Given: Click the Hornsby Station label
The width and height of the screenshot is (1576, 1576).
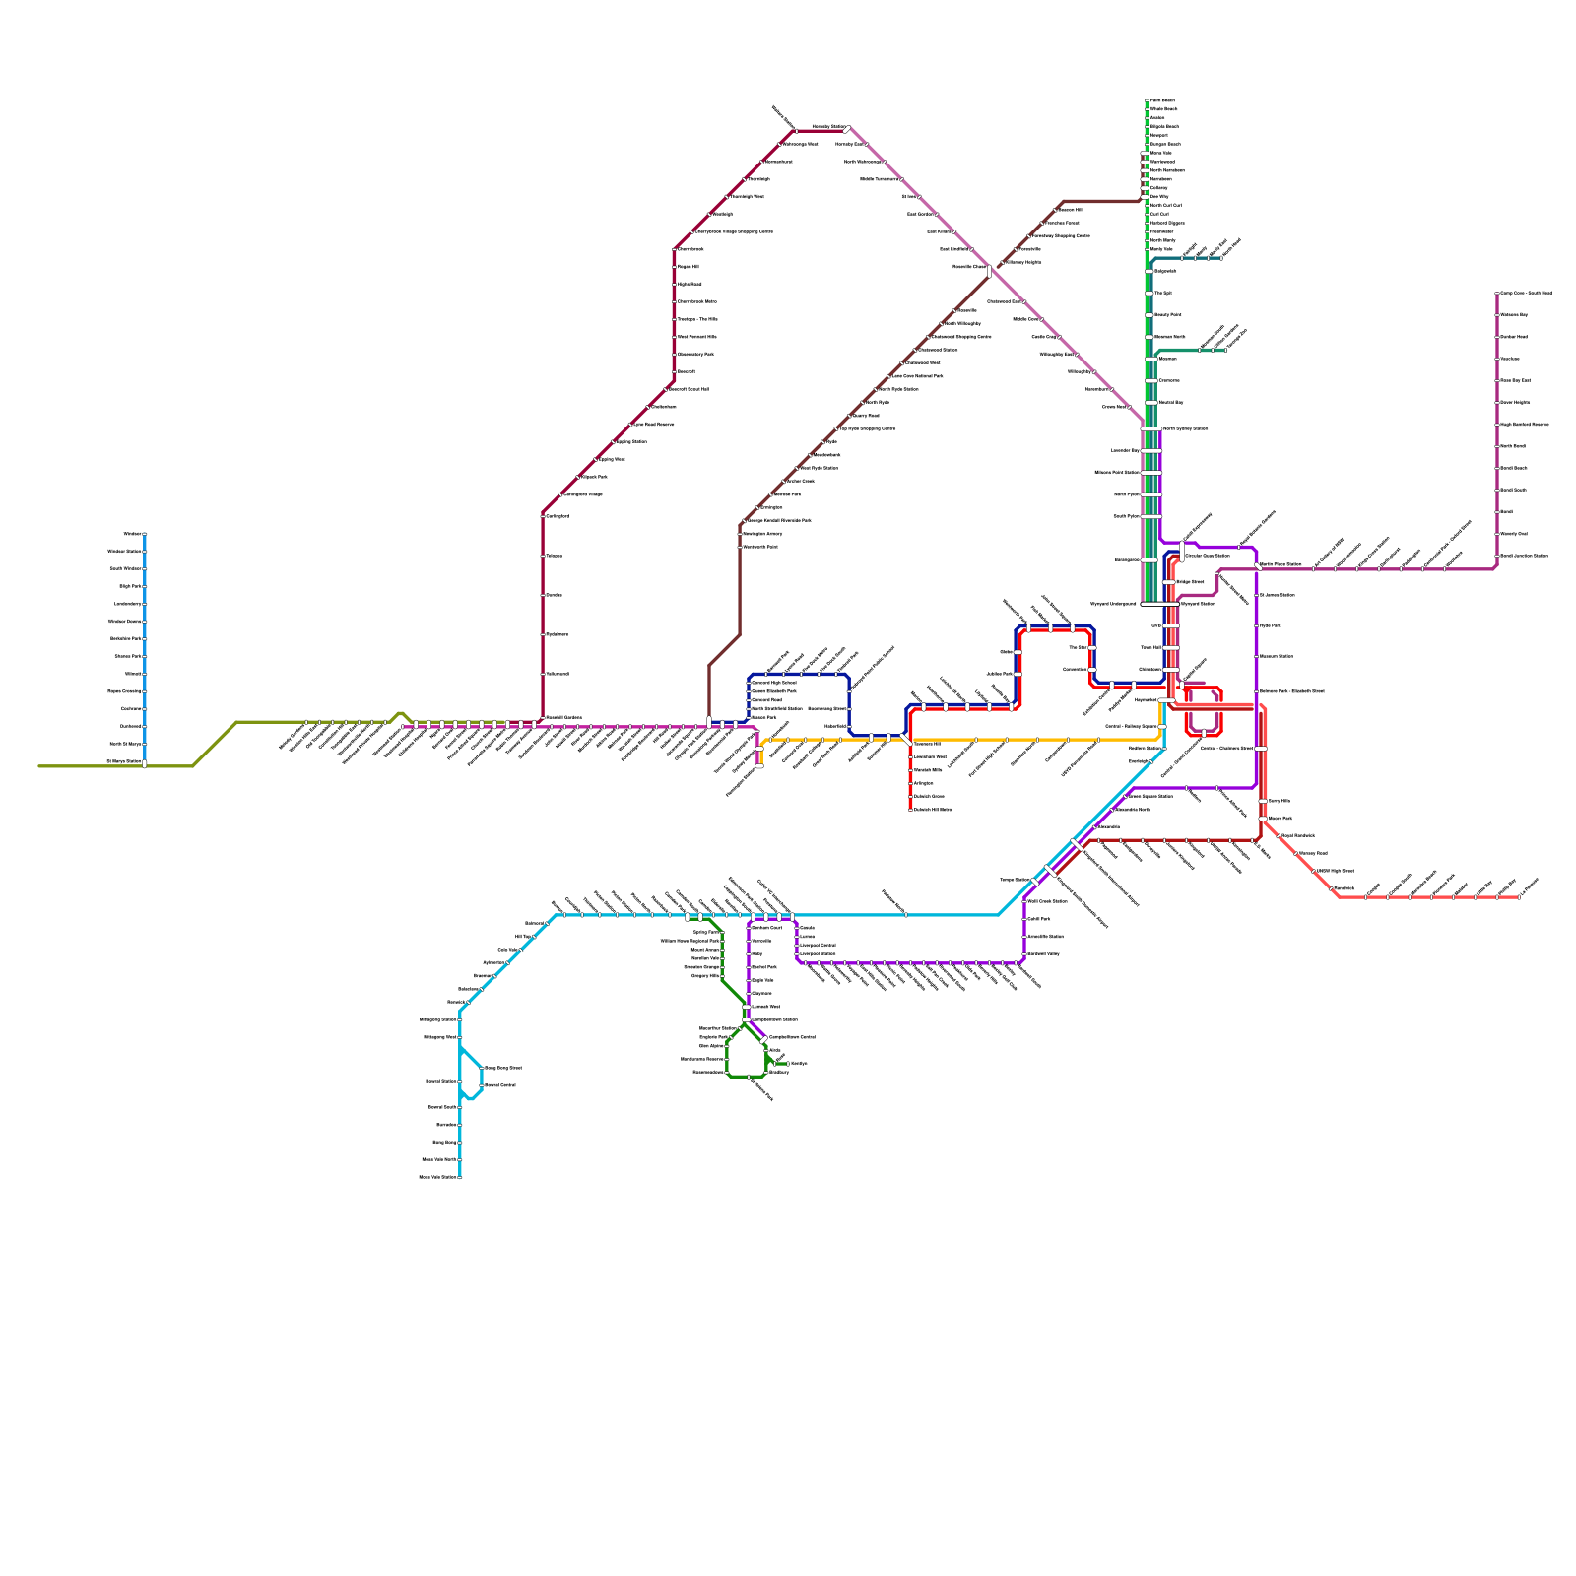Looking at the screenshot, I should [x=827, y=127].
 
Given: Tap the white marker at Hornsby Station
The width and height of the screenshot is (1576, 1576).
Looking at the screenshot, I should [x=847, y=129].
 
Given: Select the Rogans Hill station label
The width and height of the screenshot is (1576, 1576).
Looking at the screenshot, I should [x=689, y=267].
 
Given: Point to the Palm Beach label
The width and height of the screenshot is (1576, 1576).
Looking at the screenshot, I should [x=1162, y=100].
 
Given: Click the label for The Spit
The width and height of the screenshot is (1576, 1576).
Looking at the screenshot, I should [x=1163, y=293].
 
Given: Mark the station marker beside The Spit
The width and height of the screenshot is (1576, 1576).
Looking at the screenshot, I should [x=1149, y=293].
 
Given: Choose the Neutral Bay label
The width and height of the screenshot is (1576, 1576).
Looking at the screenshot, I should [x=1171, y=403].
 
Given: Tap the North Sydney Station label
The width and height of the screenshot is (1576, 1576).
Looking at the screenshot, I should [x=1185, y=429].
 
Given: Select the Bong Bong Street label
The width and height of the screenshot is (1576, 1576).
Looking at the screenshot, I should [x=503, y=1068].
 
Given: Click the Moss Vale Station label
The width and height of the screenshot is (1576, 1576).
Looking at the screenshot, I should [x=438, y=1177].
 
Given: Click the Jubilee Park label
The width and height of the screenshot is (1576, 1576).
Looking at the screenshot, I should [x=1000, y=675].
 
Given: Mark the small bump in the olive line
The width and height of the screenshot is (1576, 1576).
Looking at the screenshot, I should [x=400, y=714].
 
